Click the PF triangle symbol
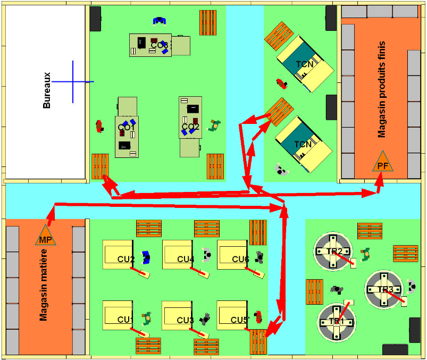[382, 163]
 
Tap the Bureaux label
[47, 90]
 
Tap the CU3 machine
[180, 316]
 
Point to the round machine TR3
[385, 290]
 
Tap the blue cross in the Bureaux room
[73, 82]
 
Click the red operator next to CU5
[258, 316]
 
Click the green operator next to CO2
[214, 125]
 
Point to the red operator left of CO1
[99, 127]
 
